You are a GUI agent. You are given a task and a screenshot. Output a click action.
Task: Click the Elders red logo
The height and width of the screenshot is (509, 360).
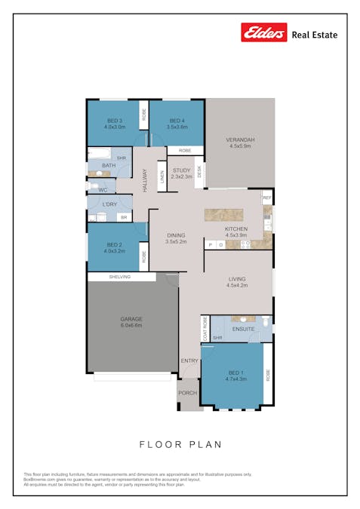(263, 32)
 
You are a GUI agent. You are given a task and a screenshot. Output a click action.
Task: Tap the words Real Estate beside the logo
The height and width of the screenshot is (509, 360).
(314, 35)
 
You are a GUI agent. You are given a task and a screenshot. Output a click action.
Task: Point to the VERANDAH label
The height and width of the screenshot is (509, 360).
(240, 140)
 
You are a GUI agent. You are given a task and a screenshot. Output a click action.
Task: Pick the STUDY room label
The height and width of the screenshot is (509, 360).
(181, 170)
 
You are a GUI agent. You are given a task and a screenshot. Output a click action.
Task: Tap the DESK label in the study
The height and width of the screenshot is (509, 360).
(200, 171)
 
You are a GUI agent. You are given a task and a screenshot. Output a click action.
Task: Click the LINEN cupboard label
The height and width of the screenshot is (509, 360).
(162, 178)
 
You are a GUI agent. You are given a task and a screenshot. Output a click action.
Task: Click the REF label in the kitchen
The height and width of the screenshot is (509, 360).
(266, 198)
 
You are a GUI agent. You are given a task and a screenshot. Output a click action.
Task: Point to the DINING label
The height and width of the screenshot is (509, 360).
(176, 235)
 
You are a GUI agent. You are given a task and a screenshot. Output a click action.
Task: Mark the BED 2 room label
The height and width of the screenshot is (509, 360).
(114, 244)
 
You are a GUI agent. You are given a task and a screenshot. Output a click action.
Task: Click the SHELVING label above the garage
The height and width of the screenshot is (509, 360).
(120, 277)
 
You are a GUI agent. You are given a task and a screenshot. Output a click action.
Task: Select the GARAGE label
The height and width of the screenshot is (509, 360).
(131, 319)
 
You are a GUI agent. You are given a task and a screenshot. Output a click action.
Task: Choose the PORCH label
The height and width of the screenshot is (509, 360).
(187, 392)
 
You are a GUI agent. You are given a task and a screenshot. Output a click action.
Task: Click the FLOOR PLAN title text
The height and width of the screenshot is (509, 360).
(180, 444)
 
